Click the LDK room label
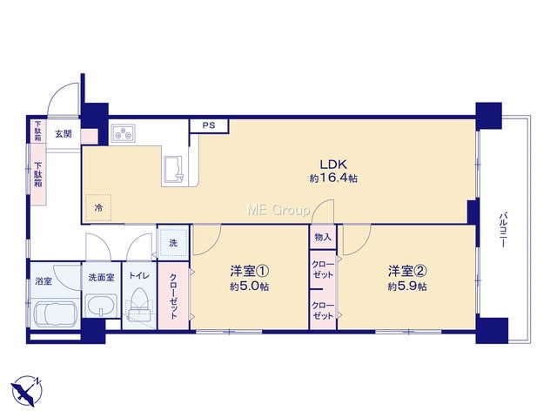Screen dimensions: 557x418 click(x=333, y=165)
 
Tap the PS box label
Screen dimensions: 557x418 click(x=209, y=125)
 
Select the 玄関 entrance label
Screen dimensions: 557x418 click(x=64, y=133)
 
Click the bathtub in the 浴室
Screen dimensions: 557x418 click(x=55, y=313)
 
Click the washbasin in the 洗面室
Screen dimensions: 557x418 click(x=102, y=305)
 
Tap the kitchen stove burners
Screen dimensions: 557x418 click(x=123, y=133)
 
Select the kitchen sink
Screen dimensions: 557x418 click(x=173, y=171)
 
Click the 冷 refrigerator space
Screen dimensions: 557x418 click(x=98, y=208)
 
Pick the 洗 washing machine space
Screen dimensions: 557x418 click(x=173, y=243)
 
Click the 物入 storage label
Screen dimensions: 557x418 click(x=323, y=237)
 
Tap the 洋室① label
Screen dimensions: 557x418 click(x=250, y=271)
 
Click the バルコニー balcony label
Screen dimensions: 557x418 click(x=503, y=230)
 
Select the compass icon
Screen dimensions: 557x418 click(x=27, y=390)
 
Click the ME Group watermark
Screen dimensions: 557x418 click(x=278, y=210)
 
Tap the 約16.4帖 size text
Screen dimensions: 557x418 click(x=333, y=178)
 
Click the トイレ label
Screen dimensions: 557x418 click(x=139, y=276)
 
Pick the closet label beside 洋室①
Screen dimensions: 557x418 click(x=173, y=296)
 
